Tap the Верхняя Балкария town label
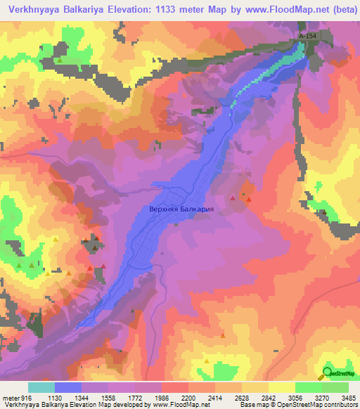[181, 209]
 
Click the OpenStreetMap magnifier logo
[328, 372]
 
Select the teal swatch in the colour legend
[41, 387]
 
